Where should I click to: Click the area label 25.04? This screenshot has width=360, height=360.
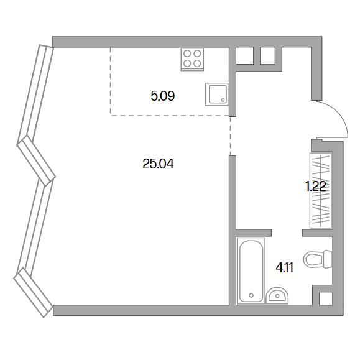pos(158,164)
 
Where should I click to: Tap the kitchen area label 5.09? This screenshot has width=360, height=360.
pos(163,96)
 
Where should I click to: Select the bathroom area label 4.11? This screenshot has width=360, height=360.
pos(285,268)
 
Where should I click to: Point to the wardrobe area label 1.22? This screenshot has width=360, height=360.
pos(315,186)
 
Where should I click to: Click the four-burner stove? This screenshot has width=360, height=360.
pos(192,59)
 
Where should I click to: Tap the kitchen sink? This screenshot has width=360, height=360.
pos(217,95)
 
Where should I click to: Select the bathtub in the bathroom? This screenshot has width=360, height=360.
pos(251,270)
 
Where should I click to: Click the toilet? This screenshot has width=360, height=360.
pos(318,259)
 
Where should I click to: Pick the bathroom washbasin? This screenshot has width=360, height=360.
pos(277,296)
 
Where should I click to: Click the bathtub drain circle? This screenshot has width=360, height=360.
pos(251,295)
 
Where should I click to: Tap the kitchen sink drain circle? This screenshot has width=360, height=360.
pos(223,100)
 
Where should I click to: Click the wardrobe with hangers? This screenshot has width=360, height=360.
pos(321,190)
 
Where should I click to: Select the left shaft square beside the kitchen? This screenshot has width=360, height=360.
pos(244,55)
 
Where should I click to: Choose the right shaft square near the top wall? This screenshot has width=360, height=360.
pos(267,55)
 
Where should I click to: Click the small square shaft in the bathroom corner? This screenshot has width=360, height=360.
pos(326,298)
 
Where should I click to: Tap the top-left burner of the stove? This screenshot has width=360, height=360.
pos(187,53)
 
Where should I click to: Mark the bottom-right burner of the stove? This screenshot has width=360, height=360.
pos(197,63)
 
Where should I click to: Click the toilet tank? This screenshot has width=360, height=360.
pos(328,259)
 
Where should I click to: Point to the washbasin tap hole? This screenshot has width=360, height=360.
pos(277,296)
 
